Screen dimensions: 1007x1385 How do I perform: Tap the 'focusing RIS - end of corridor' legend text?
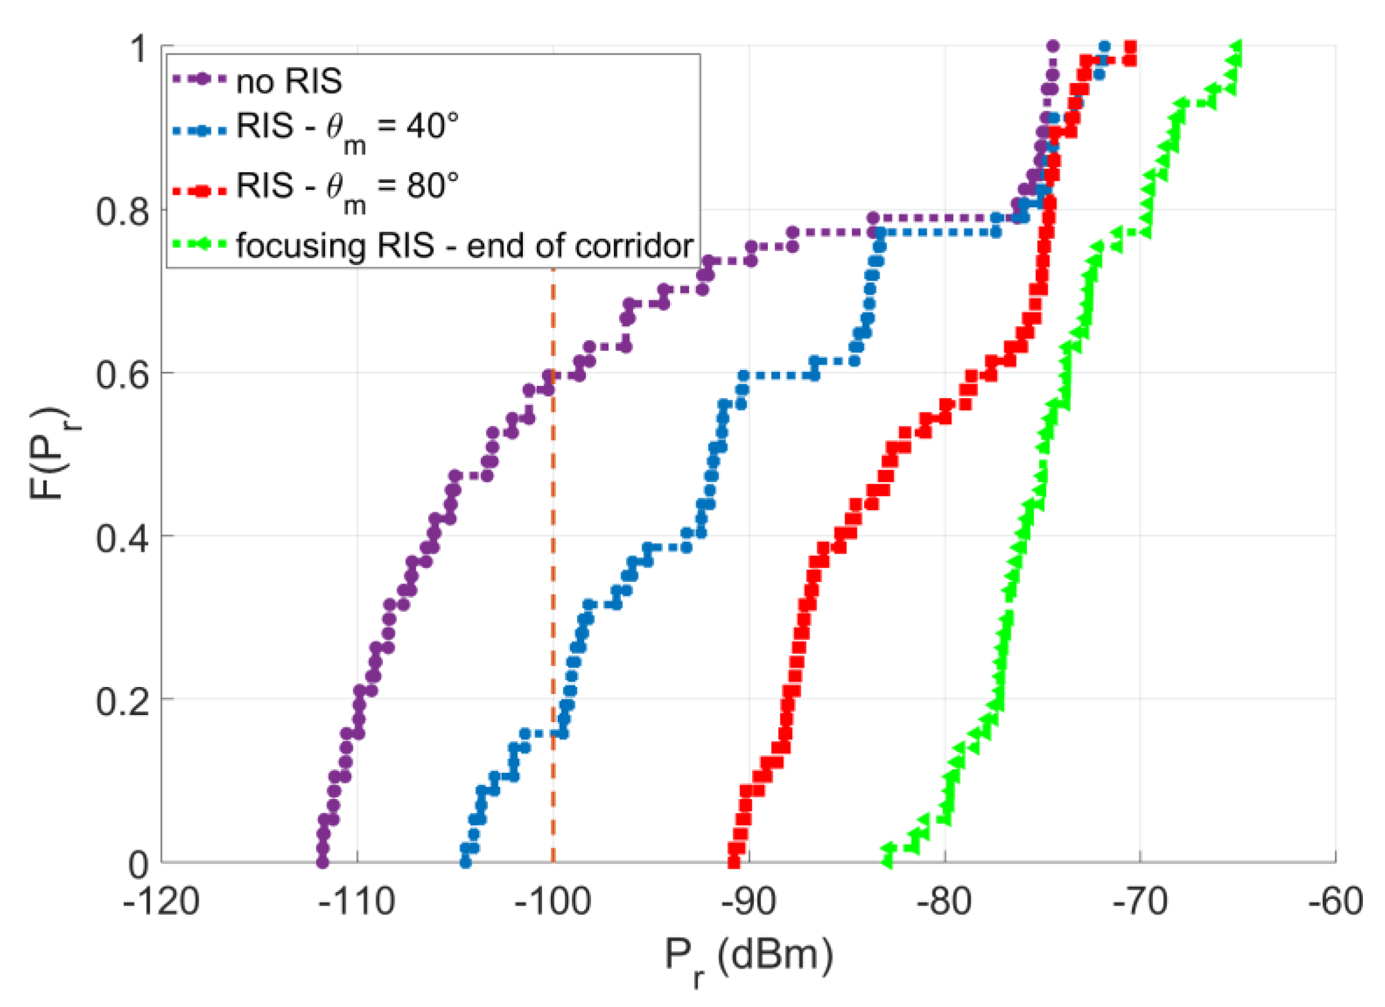[464, 246]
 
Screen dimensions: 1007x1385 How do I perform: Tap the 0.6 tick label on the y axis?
[122, 374]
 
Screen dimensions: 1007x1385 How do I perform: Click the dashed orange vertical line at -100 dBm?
[553, 550]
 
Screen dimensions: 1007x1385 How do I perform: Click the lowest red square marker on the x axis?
[734, 862]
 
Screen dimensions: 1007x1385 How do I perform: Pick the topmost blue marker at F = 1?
[1104, 47]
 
